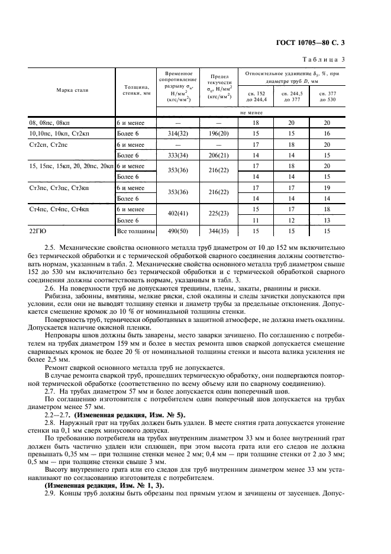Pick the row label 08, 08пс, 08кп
(49, 123)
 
